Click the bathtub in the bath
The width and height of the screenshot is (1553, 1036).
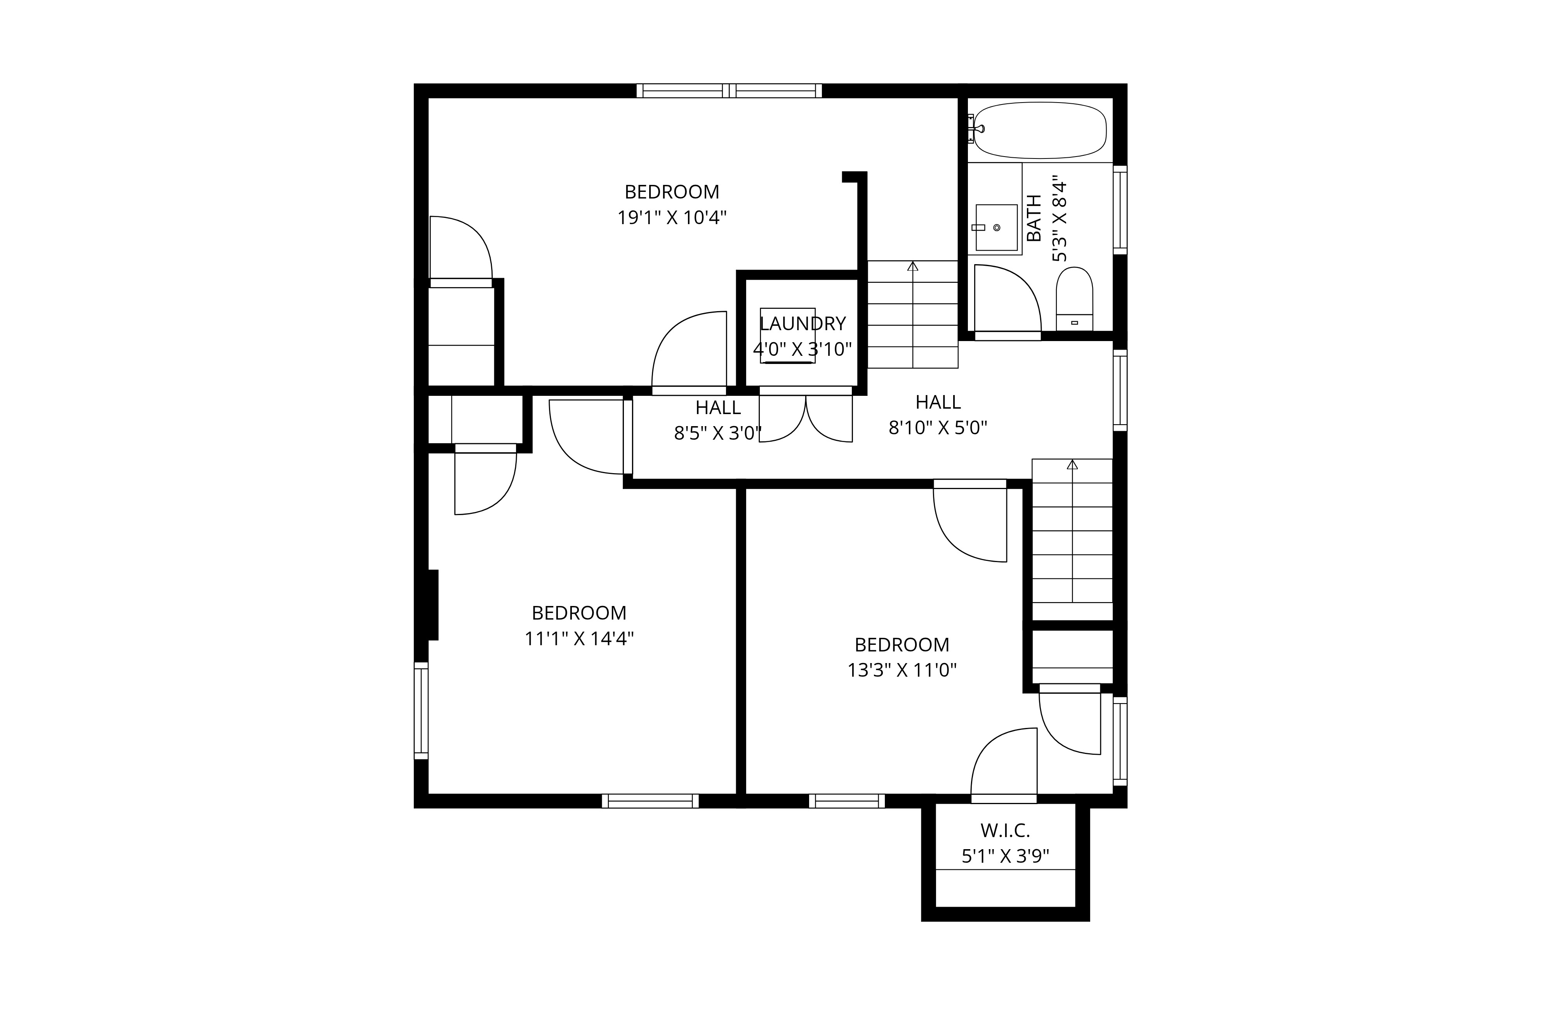[1039, 130]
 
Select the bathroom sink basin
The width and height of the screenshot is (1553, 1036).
[996, 227]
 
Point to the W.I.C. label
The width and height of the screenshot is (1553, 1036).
[1005, 831]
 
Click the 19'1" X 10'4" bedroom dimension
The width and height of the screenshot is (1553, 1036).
[672, 218]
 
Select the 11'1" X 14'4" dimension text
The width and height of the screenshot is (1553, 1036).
[579, 639]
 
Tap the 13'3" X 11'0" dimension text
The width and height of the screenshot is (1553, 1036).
[902, 670]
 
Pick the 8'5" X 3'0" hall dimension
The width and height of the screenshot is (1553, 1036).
[718, 434]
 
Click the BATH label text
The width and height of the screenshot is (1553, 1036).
[1034, 218]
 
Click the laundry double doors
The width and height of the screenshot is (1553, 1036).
[806, 418]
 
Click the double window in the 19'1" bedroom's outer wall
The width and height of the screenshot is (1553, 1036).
[729, 91]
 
